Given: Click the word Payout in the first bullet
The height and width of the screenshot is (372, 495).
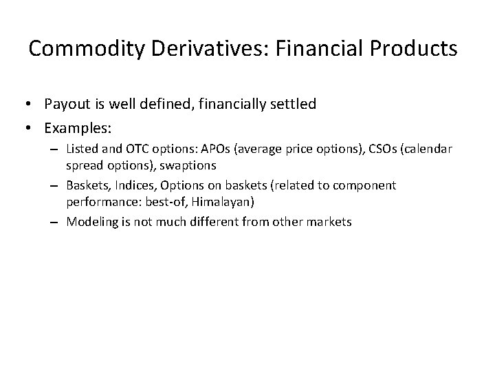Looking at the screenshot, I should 65,104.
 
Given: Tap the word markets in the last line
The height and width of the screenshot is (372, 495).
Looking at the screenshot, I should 329,223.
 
